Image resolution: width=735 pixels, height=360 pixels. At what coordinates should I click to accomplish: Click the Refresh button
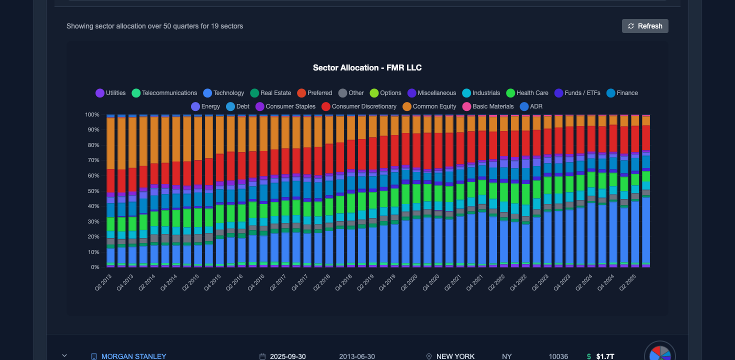pyautogui.click(x=645, y=26)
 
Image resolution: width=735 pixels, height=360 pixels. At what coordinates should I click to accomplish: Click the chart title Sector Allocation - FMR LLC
pyautogui.click(x=367, y=67)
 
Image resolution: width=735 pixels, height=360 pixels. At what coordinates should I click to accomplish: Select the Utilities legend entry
pyautogui.click(x=110, y=93)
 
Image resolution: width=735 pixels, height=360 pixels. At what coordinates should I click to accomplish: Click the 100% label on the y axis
pyautogui.click(x=91, y=114)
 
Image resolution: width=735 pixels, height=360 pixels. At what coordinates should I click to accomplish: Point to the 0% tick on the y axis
pyautogui.click(x=94, y=267)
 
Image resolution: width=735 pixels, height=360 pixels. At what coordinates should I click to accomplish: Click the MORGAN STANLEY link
pyautogui.click(x=133, y=356)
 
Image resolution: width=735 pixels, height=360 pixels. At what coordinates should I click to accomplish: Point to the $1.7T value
pyautogui.click(x=605, y=356)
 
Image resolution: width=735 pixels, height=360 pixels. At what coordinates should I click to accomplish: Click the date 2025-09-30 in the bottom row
pyautogui.click(x=287, y=356)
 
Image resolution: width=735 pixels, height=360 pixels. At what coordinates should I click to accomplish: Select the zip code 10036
pyautogui.click(x=558, y=356)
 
